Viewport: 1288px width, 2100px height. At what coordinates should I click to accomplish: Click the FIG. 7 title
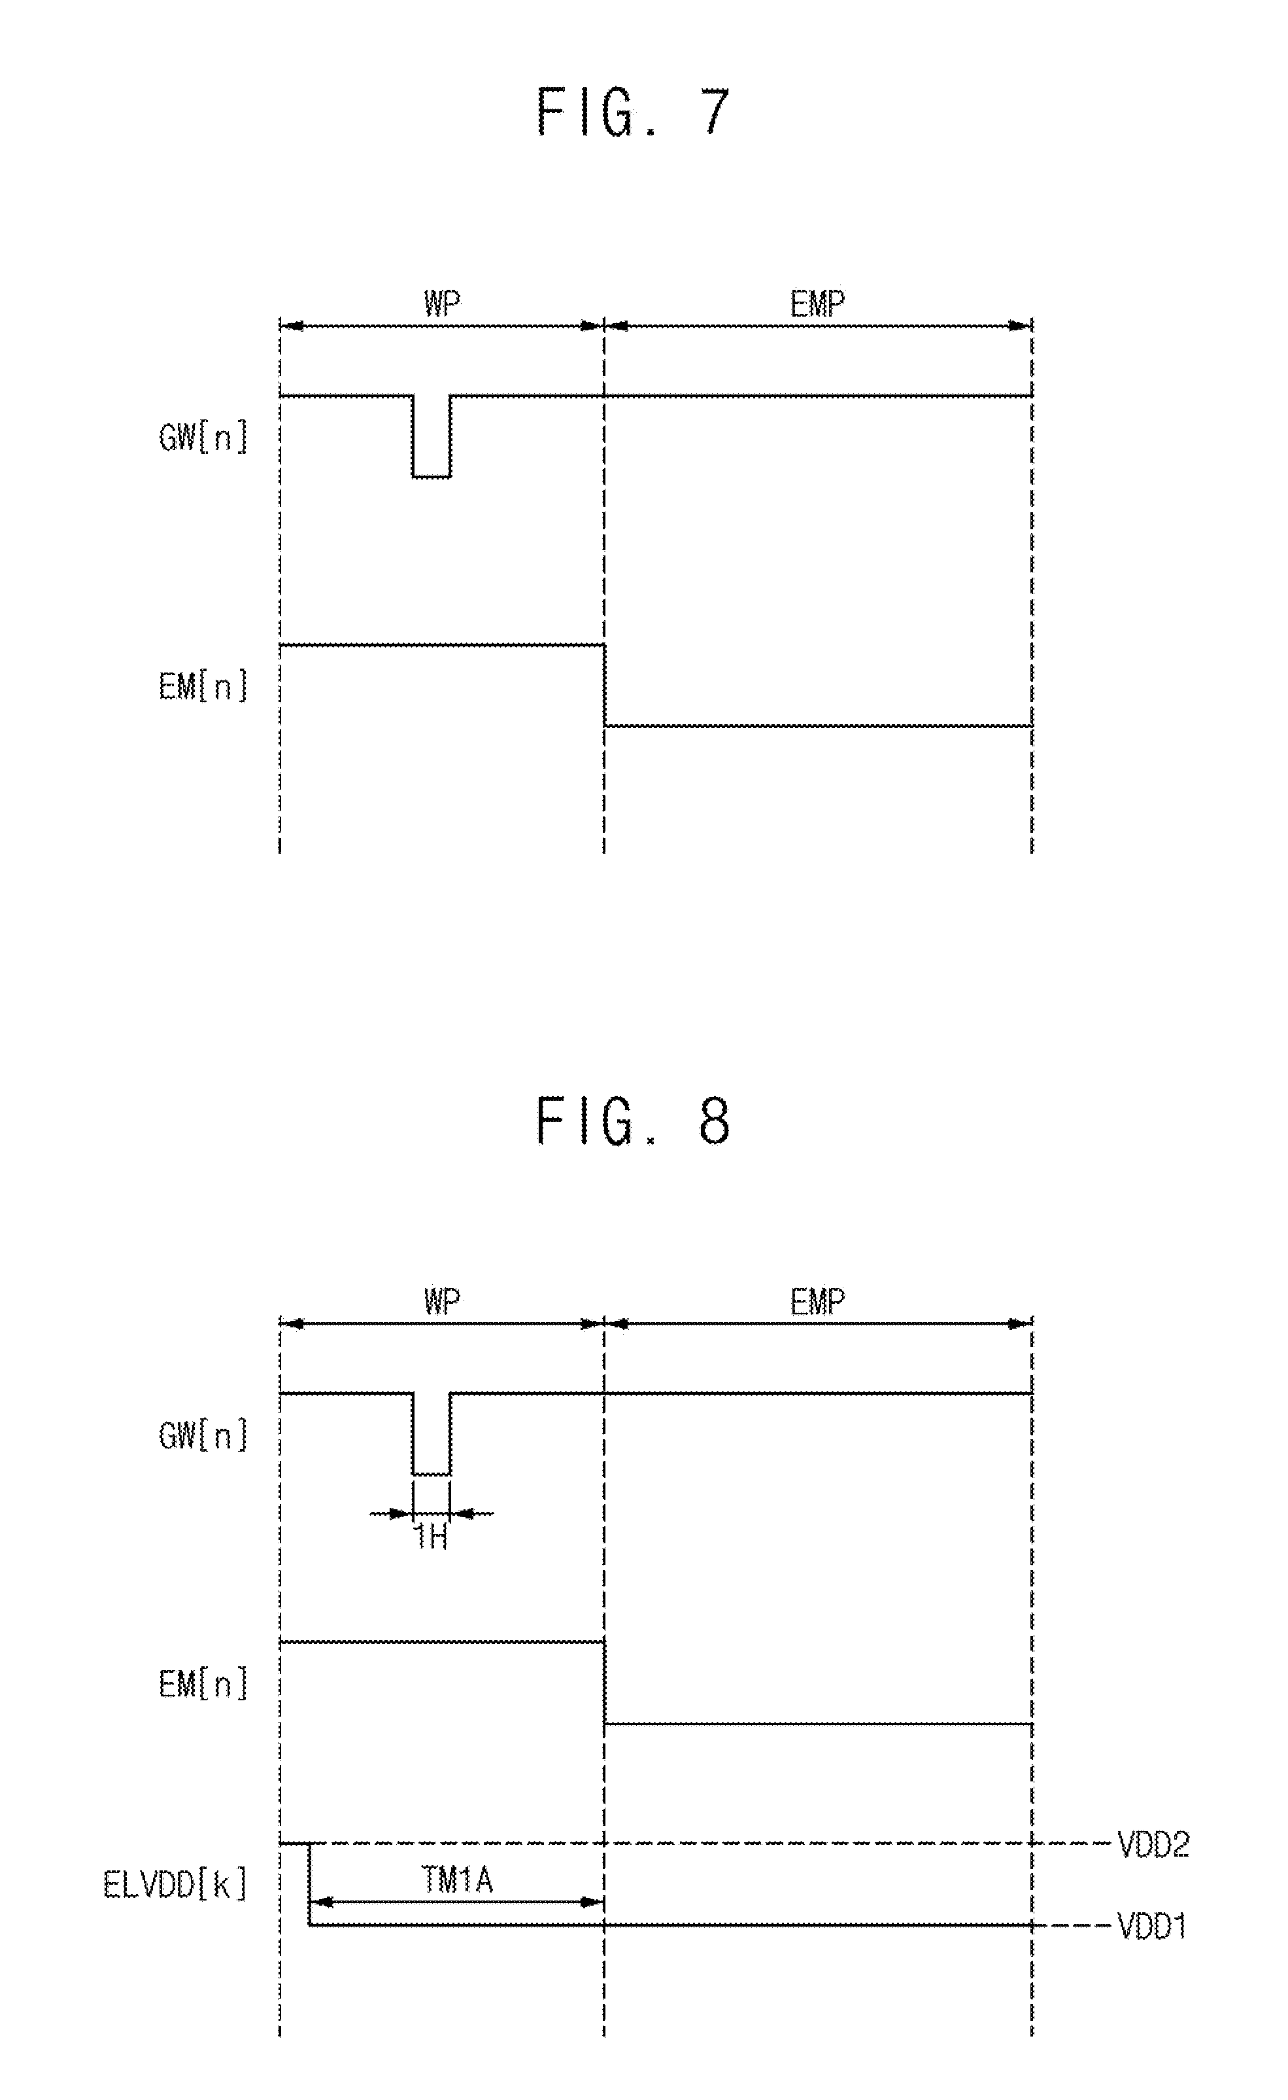[633, 113]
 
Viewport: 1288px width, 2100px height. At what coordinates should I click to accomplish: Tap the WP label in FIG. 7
[442, 304]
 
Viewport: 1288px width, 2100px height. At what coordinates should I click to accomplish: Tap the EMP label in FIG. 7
[818, 304]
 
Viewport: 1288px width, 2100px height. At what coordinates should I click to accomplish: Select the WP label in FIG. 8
[442, 1301]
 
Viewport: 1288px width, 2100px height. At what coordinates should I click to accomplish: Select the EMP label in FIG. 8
[818, 1301]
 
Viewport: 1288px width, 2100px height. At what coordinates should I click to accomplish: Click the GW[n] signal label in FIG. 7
[203, 438]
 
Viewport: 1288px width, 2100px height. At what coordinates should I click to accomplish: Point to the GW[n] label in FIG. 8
[203, 1436]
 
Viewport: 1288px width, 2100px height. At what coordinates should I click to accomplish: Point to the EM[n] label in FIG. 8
[203, 1684]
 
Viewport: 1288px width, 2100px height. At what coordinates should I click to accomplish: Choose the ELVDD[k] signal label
[175, 1884]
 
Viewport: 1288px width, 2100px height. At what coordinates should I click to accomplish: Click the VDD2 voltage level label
[1153, 1844]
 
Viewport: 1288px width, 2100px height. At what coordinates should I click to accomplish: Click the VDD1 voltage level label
[1152, 1926]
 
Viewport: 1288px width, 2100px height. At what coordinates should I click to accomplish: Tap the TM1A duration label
[458, 1880]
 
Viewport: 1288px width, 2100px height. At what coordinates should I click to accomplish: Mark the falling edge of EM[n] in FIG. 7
[605, 685]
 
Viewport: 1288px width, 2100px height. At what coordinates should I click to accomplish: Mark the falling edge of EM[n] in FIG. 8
[605, 1683]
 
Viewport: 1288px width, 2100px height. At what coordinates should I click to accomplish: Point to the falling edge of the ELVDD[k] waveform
[309, 1884]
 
